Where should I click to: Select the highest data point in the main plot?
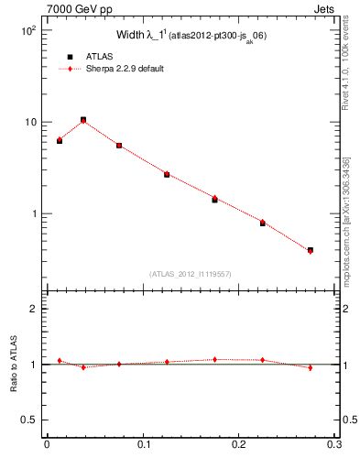click(83, 120)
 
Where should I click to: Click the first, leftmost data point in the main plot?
click(60, 140)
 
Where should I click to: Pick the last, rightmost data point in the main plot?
click(311, 250)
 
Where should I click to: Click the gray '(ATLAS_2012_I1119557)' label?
click(190, 273)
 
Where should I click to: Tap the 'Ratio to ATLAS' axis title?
click(12, 365)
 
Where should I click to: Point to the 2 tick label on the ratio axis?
click(32, 309)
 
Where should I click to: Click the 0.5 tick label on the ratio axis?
click(28, 420)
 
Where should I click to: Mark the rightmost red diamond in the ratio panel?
click(311, 367)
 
